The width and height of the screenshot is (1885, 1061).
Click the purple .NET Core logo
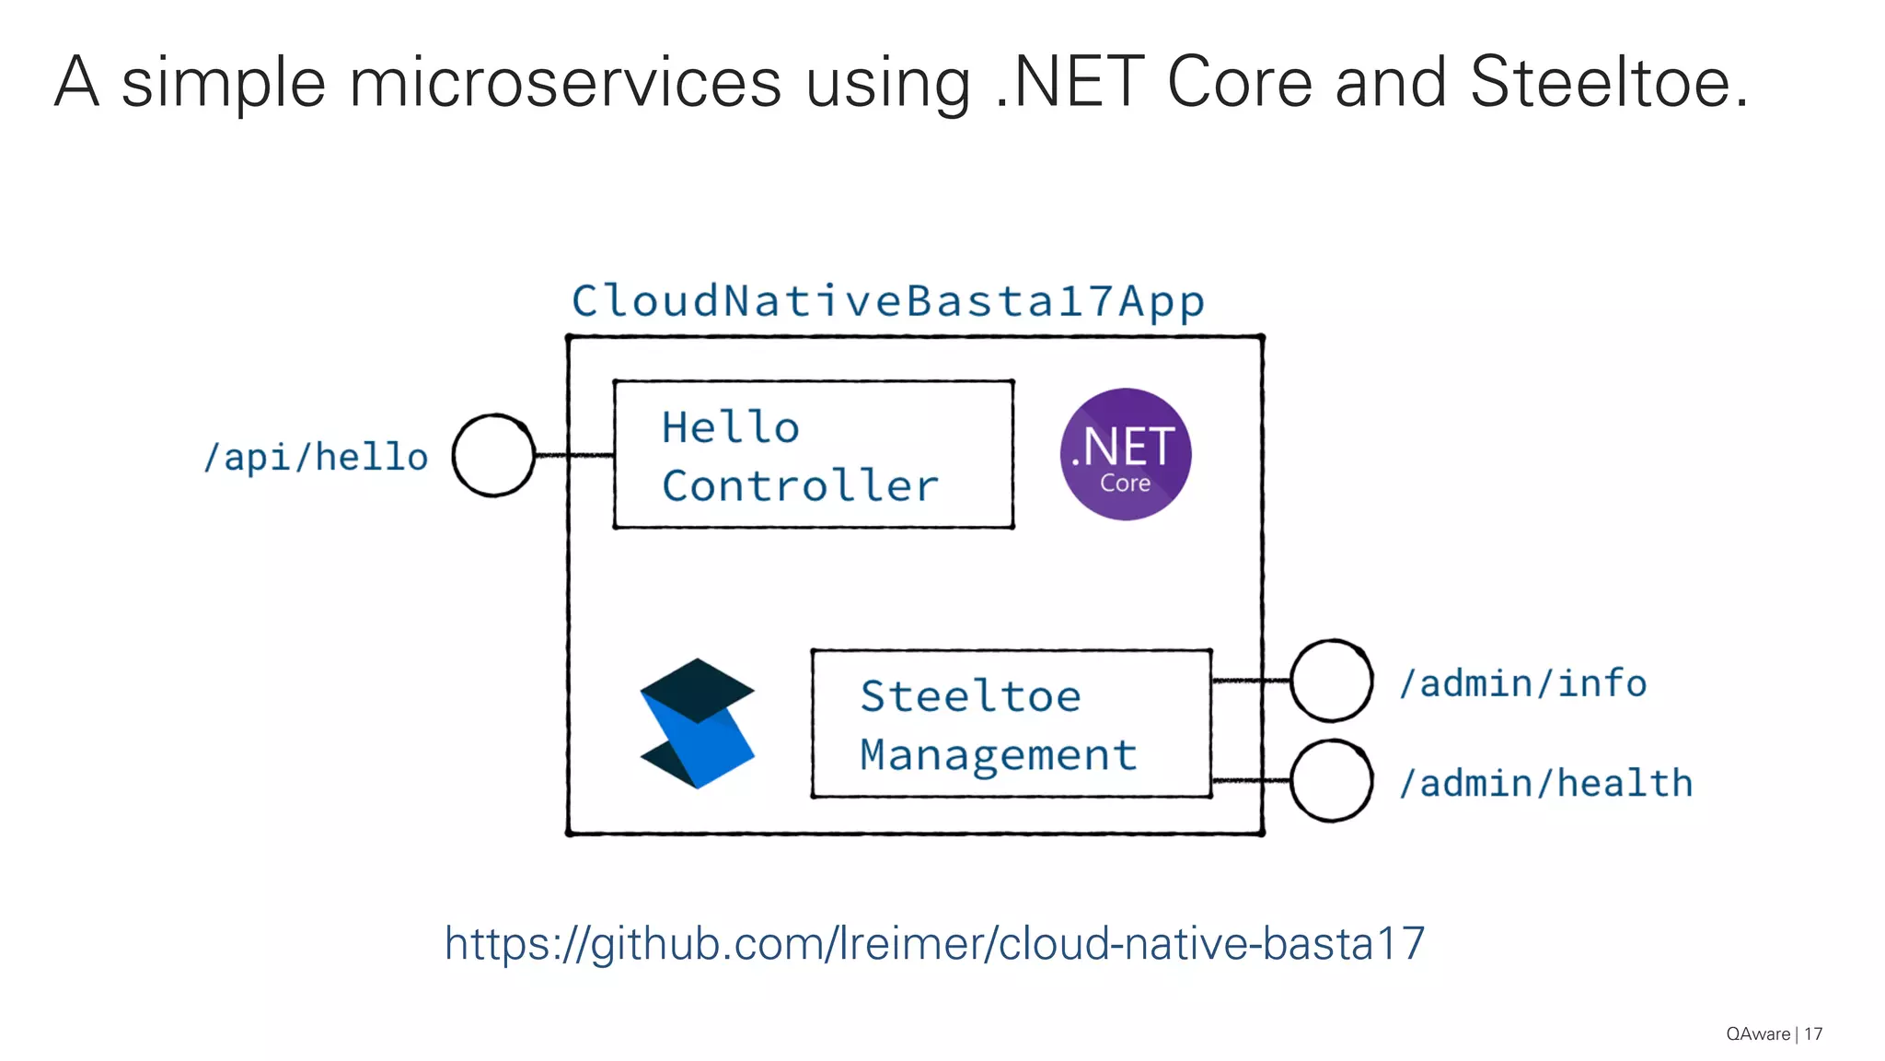click(1125, 454)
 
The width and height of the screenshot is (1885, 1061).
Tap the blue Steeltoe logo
click(697, 723)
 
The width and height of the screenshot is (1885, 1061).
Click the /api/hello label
click(316, 457)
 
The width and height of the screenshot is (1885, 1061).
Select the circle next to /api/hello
click(493, 455)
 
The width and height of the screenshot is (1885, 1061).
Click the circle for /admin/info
click(1331, 681)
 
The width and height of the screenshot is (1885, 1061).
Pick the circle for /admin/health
click(1331, 781)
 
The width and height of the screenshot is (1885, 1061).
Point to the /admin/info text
click(1522, 683)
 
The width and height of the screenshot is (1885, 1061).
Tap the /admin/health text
click(1545, 783)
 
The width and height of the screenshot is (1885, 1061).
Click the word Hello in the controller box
click(730, 427)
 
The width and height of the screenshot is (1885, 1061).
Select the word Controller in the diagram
click(800, 485)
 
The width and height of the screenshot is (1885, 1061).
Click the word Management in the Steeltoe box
click(999, 755)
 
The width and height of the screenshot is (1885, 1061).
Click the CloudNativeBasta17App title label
click(887, 301)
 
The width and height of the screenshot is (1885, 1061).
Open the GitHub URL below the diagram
click(934, 943)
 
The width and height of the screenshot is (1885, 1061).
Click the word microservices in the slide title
click(565, 83)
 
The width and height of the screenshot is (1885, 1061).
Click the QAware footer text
click(1757, 1034)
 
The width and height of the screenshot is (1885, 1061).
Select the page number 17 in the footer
click(1813, 1034)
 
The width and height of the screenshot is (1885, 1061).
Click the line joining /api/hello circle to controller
click(574, 455)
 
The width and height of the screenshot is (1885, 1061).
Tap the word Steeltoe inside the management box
click(970, 696)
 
